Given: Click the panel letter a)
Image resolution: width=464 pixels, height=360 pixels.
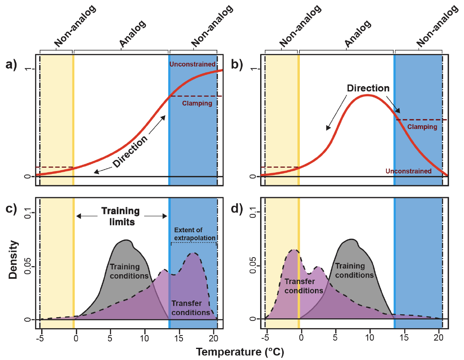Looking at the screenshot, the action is pos(11,64).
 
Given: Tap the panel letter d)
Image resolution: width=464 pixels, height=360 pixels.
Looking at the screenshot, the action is pos(237,209).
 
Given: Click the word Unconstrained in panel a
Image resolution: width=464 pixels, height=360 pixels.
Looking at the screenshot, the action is pos(192,64).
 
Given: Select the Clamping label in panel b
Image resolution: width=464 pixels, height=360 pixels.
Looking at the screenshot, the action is pos(422,127).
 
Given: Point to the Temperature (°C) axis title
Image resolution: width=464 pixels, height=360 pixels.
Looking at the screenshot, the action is pos(240,352).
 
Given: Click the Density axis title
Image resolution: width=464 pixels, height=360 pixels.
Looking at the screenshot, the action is pos(13,260).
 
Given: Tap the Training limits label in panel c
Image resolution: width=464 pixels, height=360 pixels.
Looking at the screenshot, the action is pos(121,216).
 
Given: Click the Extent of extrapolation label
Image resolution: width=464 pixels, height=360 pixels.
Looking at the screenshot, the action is pos(195,234).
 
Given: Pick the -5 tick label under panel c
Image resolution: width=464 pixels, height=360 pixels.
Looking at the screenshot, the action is pos(40,338).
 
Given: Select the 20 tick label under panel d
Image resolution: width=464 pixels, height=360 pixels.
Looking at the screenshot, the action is pos(439,338).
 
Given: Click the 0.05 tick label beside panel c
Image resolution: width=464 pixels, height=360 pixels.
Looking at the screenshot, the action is pos(27,267).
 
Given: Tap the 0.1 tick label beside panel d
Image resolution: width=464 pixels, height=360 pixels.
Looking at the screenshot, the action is pos(253,212).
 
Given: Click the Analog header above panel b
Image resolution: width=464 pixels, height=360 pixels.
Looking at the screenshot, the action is pos(358,34).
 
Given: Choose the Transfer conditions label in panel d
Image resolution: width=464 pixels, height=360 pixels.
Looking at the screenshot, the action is pos(303,286).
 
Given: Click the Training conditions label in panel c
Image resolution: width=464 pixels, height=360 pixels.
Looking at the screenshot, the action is pos(129,271).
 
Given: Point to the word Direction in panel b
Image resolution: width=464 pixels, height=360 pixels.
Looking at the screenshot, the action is pos(368,88).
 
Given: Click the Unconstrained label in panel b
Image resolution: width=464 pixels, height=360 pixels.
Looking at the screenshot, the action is pos(408,171).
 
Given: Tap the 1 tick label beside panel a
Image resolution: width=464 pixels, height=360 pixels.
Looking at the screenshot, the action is pos(27,69).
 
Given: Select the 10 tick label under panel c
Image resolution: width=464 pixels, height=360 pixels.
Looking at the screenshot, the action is pos(145,338).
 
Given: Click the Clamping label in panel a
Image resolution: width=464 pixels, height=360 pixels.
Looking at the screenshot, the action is pos(197,103).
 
